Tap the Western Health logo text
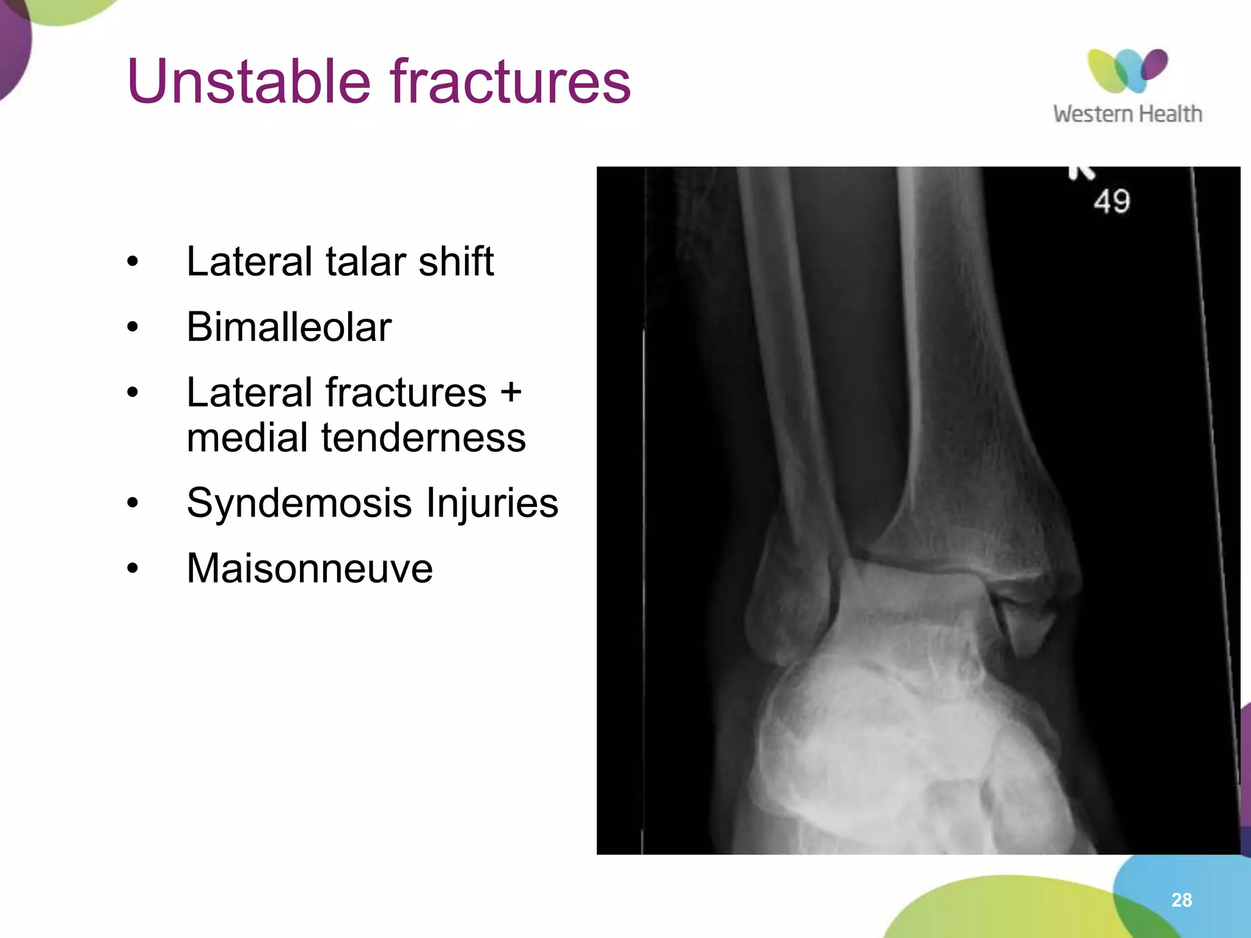(1127, 114)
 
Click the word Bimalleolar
(288, 327)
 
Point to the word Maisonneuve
(310, 569)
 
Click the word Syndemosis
(299, 503)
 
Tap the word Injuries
(492, 503)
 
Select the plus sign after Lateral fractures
(510, 392)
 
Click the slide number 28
(1181, 900)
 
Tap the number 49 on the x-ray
(1112, 202)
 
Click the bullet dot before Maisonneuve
(133, 569)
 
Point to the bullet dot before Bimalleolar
(133, 327)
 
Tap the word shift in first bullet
(456, 261)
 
